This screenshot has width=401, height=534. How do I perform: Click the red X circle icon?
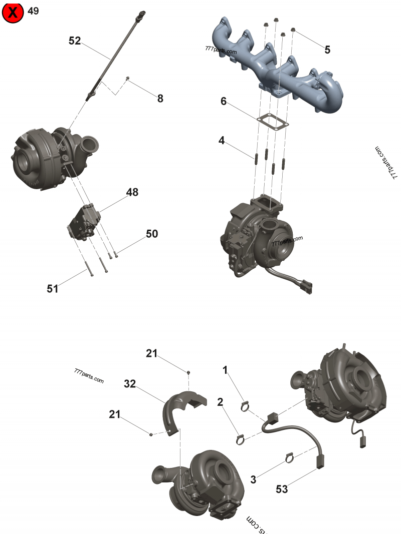click(13, 13)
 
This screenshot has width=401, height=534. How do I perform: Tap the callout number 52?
click(75, 41)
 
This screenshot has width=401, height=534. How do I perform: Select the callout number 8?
click(160, 99)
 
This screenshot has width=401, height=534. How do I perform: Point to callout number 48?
click(132, 192)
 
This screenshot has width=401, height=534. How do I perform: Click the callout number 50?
click(152, 234)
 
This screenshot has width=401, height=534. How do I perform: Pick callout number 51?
click(53, 289)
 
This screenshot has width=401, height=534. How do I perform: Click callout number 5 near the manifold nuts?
click(327, 50)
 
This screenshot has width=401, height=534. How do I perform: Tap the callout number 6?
click(224, 101)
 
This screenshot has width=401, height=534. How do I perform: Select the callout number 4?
click(222, 140)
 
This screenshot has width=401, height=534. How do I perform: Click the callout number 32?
click(130, 384)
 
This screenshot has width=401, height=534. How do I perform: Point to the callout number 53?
click(282, 489)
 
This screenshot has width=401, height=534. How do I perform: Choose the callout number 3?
click(253, 480)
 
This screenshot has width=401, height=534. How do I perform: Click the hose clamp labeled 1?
click(245, 406)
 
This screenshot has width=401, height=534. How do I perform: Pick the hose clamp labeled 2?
click(241, 440)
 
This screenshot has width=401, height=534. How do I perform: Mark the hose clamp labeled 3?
click(289, 457)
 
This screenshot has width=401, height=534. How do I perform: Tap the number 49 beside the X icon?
click(33, 11)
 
